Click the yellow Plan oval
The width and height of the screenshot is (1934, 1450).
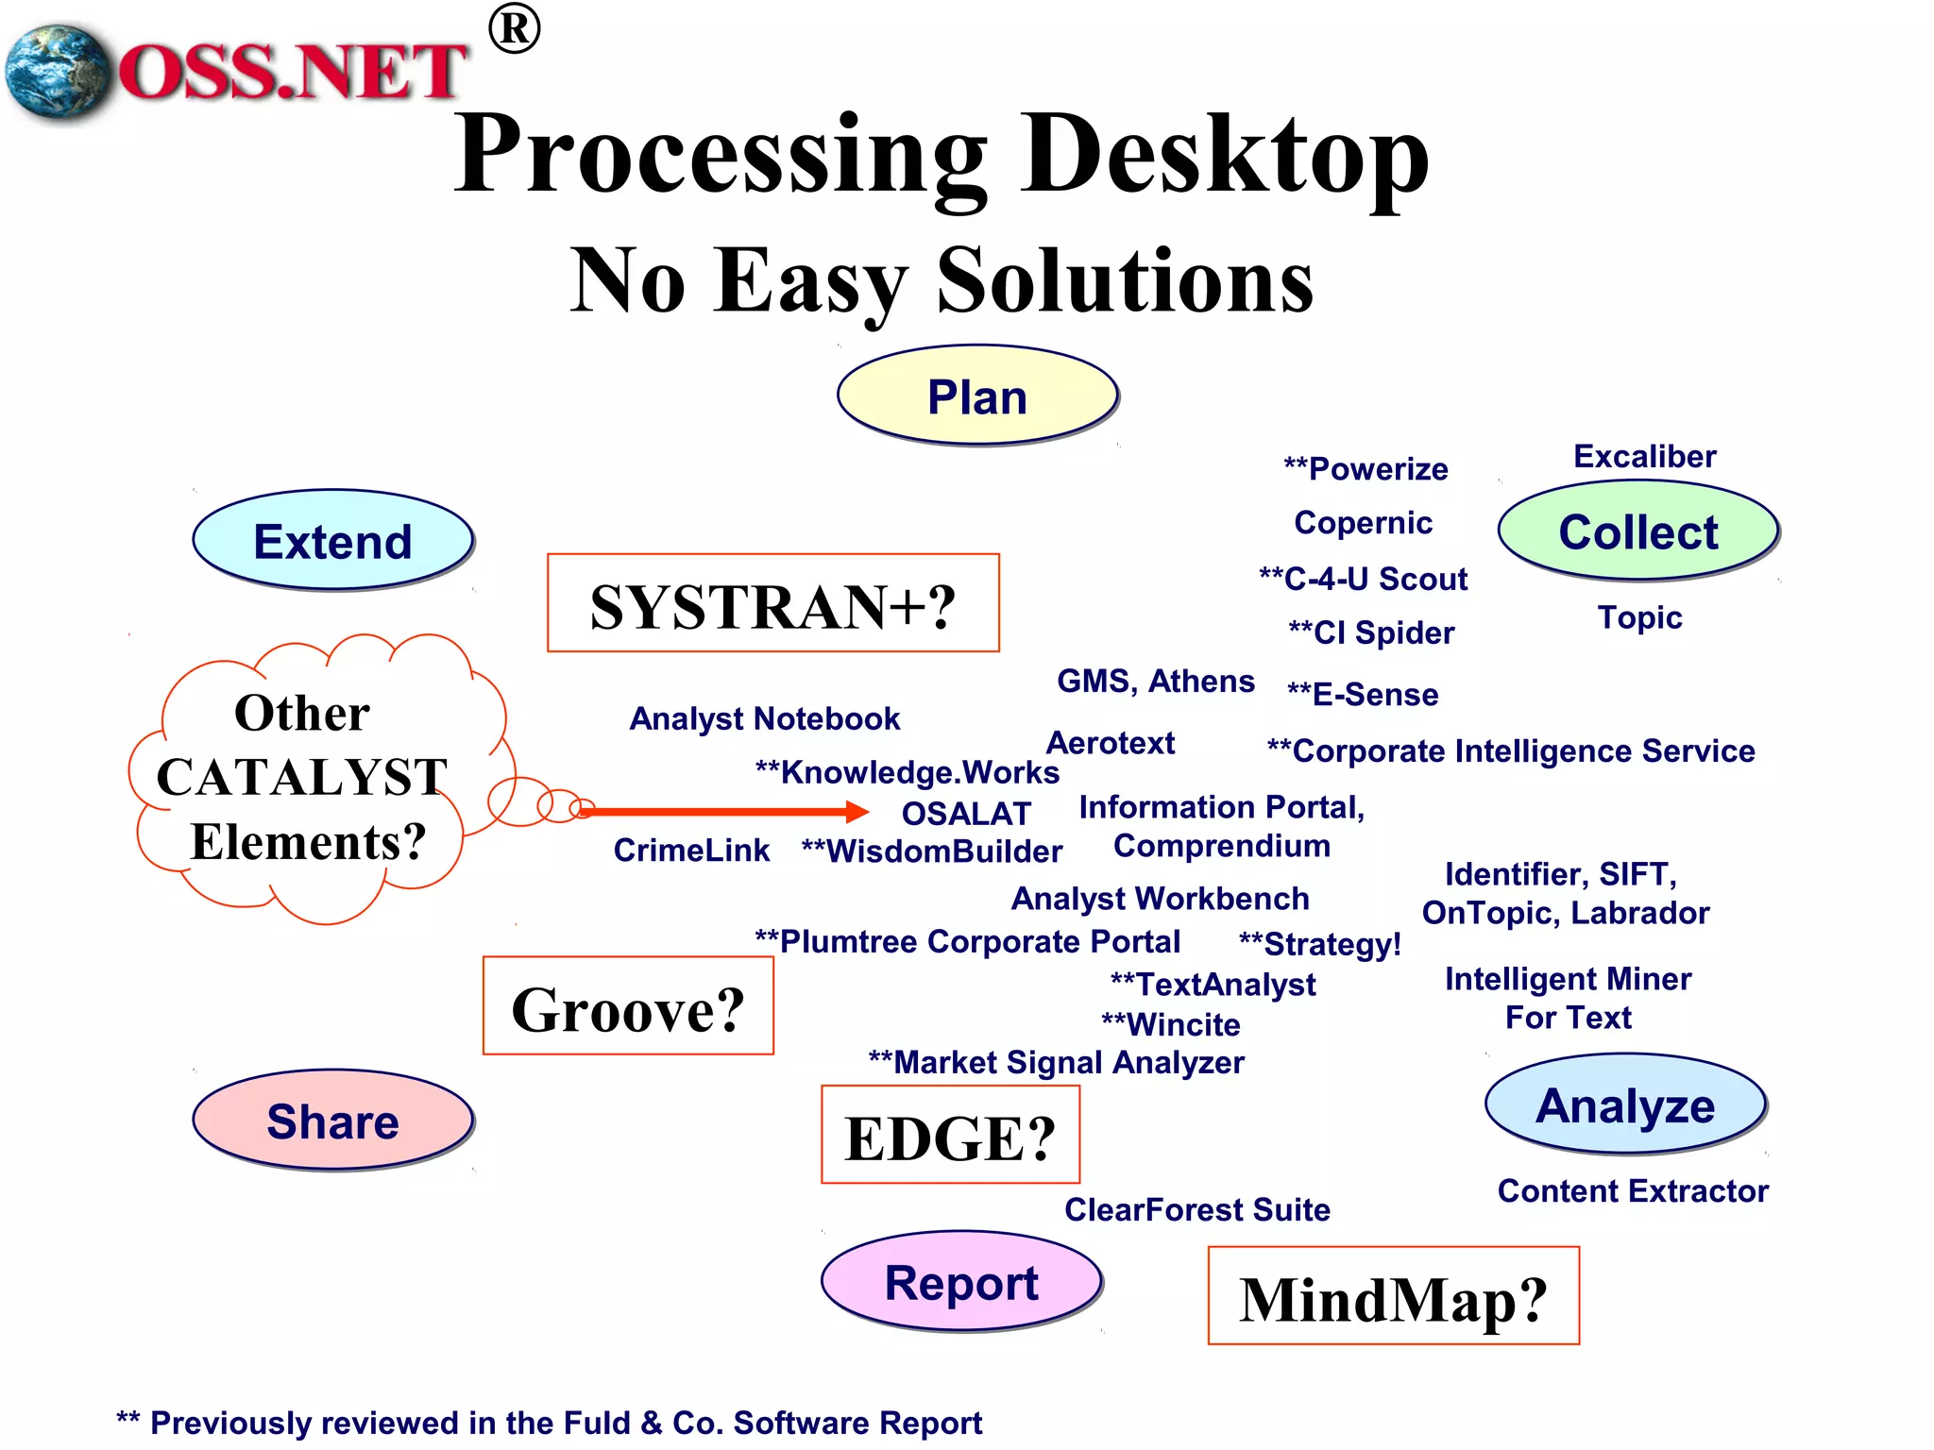[x=977, y=396]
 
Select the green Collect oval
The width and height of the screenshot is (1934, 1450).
[x=1638, y=531]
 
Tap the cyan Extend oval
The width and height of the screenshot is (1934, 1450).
[x=332, y=541]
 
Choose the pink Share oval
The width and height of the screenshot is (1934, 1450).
[x=332, y=1121]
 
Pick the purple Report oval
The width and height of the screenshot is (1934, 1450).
[x=961, y=1282]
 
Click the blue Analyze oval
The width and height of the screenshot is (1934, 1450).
[x=1625, y=1104]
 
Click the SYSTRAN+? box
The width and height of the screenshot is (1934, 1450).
[x=772, y=604]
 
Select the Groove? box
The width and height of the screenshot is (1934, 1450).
[x=628, y=1007]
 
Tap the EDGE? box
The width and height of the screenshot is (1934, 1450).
[x=950, y=1136]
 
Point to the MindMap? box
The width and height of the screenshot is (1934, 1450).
[x=1393, y=1297]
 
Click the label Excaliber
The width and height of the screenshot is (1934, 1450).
[x=1644, y=457]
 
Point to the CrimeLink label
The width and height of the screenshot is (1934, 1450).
[x=691, y=851]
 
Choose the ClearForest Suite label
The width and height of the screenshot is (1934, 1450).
[x=1196, y=1209]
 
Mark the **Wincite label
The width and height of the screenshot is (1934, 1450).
[x=1170, y=1024]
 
